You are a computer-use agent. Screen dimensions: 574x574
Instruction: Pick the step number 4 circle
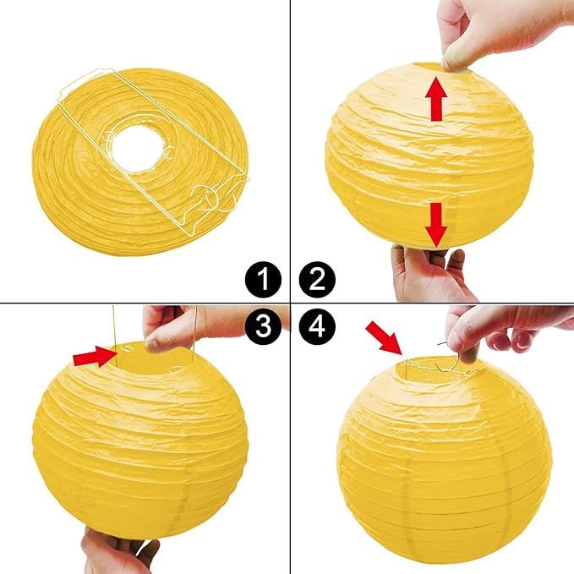coord(317,328)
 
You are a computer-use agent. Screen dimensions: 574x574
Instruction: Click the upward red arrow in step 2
coord(437,97)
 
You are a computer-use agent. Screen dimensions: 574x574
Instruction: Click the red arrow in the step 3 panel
coord(95,358)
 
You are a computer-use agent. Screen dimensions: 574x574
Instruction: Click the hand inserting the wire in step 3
coord(178,325)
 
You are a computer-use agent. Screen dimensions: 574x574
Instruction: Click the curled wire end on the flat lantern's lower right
coord(220,196)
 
